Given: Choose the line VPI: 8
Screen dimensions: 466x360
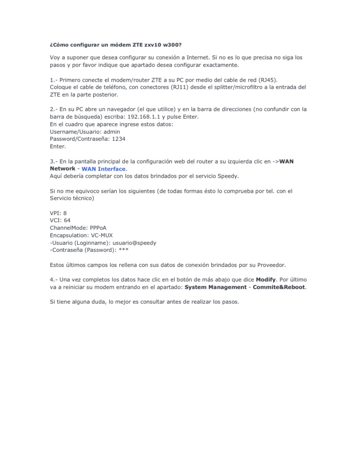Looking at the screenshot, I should (x=58, y=213).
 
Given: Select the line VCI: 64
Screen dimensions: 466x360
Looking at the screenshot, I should (x=60, y=220).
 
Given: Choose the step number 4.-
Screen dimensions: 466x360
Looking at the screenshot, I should (x=53, y=279).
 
